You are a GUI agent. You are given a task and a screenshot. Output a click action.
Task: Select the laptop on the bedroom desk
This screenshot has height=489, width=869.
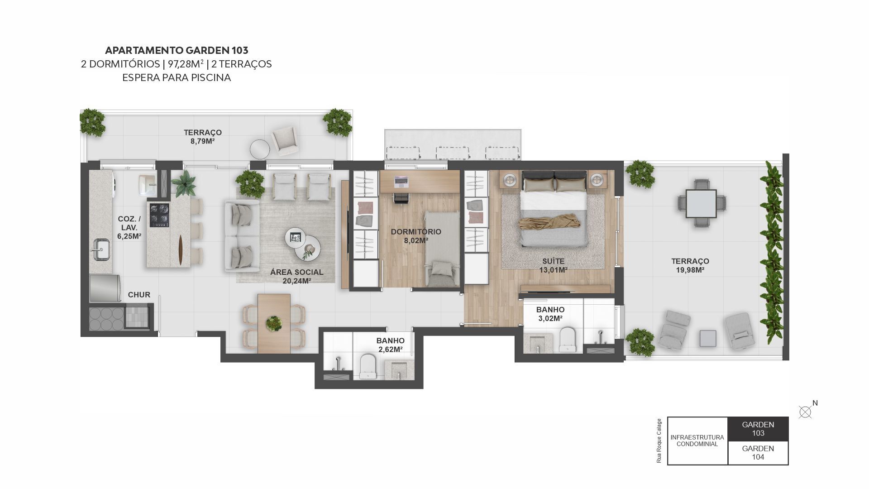point(401,182)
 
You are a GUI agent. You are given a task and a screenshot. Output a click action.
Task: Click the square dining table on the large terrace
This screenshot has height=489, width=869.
point(701,204)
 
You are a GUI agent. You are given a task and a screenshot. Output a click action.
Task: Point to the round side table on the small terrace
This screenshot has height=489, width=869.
point(260,149)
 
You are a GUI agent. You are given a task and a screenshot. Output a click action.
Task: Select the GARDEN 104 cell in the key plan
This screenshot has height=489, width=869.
point(758,452)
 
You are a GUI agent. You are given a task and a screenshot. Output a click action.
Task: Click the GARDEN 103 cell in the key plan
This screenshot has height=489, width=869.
point(758,429)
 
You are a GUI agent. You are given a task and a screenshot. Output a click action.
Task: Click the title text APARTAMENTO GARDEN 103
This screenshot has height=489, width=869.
point(177,50)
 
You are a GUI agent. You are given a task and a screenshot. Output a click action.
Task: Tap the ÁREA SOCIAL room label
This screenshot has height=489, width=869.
point(297,272)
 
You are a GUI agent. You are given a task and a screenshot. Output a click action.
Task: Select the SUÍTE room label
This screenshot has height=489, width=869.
point(554,261)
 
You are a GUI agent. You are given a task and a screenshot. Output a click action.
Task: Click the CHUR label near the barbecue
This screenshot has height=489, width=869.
point(139,295)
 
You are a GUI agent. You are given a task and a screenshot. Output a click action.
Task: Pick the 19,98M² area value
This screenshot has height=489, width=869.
point(690,270)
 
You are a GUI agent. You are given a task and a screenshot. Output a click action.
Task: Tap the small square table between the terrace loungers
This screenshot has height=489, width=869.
point(708,339)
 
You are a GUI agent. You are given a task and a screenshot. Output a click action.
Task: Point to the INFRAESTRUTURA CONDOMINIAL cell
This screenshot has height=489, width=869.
point(697,441)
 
